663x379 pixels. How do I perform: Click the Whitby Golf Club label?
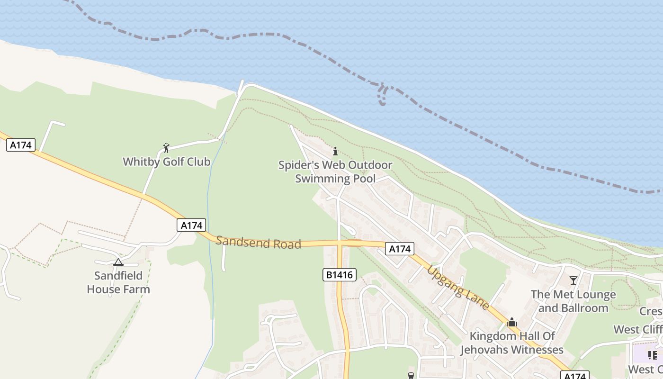coord(166,162)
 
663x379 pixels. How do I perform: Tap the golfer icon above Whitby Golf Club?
coord(166,148)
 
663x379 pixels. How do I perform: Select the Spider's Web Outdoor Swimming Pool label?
coord(335,171)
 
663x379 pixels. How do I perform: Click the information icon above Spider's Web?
coord(335,151)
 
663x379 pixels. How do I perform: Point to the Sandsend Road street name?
coord(258,242)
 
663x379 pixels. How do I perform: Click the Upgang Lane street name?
coord(458,288)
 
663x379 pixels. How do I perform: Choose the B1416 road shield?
coord(340,275)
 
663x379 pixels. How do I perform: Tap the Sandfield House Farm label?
coord(118,282)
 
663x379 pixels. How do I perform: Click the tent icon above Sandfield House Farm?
coord(118,262)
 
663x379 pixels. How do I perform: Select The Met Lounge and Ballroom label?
coord(573,301)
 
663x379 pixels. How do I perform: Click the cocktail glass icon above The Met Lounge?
coord(573,280)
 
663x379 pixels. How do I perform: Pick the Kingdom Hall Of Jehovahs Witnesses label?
coord(512,343)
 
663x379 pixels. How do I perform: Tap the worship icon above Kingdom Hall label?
coord(511,323)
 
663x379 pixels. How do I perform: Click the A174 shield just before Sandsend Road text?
coord(192,225)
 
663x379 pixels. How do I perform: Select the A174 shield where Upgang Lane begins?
coord(399,248)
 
